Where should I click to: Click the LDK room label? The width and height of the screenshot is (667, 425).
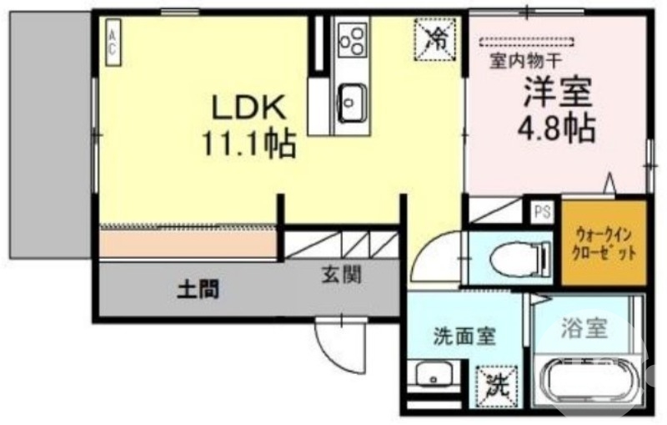coord(248,109)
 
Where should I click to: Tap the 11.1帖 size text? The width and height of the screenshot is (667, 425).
coord(248,145)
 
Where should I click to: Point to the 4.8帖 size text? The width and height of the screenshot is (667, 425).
coord(556,128)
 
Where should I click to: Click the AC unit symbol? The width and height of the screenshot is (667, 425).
coord(111,42)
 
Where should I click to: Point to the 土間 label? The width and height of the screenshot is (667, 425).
coord(198,290)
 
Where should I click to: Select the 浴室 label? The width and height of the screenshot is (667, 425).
coord(583,327)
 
